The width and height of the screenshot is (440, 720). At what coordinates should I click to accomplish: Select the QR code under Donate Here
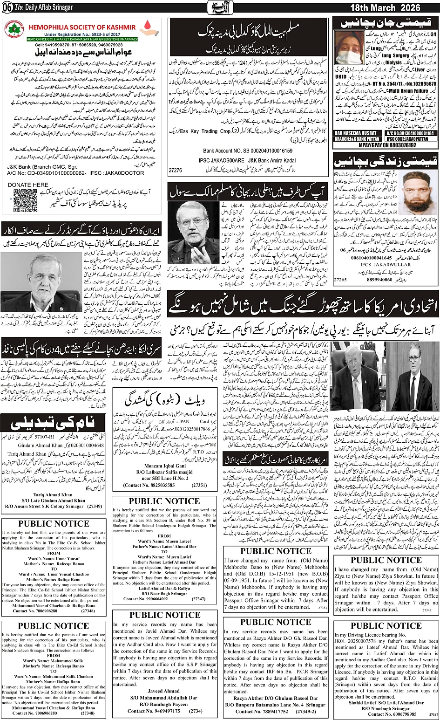pyautogui.click(x=25, y=200)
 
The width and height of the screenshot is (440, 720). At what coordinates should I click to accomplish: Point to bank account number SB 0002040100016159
pyautogui.click(x=248, y=151)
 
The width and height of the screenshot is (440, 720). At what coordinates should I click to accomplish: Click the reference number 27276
pyautogui.click(x=176, y=171)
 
